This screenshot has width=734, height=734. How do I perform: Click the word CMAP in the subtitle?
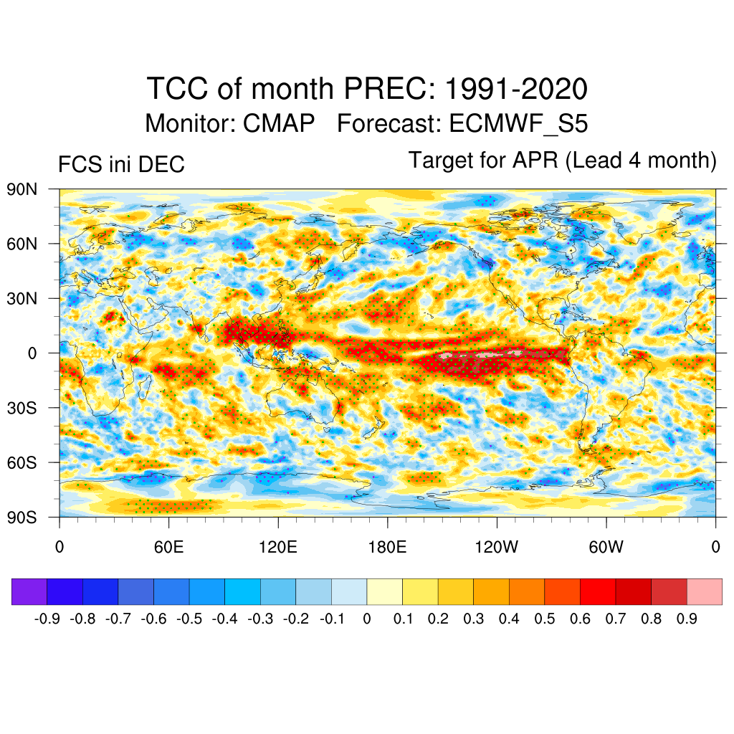pyautogui.click(x=279, y=123)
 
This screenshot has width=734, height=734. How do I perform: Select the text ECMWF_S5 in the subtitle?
pyautogui.click(x=518, y=123)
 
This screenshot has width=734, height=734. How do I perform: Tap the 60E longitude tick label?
pyautogui.click(x=168, y=548)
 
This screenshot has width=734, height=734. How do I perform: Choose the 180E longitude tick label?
pyautogui.click(x=387, y=548)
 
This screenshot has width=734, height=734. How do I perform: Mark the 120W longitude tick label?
pyautogui.click(x=497, y=548)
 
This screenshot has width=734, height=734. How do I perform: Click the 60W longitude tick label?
pyautogui.click(x=606, y=548)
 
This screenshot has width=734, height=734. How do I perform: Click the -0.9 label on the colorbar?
pyautogui.click(x=47, y=619)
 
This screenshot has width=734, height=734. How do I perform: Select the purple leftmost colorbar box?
pyautogui.click(x=29, y=591)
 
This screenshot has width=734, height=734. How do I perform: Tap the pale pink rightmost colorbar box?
pyautogui.click(x=705, y=591)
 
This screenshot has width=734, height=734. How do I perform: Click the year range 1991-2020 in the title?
pyautogui.click(x=516, y=90)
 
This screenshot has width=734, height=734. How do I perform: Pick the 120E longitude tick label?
pyautogui.click(x=278, y=548)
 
